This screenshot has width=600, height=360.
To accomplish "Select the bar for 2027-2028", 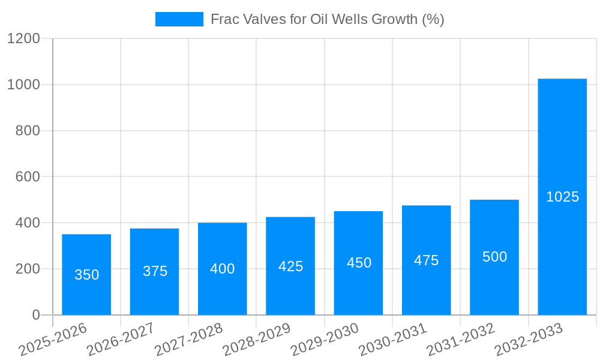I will pos(223,246).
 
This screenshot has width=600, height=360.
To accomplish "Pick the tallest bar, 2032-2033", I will pos(562,150).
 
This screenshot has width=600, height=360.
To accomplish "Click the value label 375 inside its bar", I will pos(155,271).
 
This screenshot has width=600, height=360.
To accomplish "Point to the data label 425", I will pos(291,266).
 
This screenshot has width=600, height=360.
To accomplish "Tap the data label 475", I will pos(427,260).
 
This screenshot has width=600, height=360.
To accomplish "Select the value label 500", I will pos(494,257).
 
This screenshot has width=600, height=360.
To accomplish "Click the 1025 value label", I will pos(562,197).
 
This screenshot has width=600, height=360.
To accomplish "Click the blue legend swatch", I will pos(179,19).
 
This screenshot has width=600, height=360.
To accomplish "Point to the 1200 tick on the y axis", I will pos(23,39).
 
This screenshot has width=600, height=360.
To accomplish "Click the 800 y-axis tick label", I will pos(28,131).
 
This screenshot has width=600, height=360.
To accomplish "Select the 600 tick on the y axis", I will pos(28,177).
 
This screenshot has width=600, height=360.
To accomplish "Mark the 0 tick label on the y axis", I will pos(36,315).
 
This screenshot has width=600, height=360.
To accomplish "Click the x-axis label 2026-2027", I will pos(121,340).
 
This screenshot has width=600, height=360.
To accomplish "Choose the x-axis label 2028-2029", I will pos(257,340).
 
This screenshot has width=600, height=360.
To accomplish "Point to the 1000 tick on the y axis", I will pos(23,85).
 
